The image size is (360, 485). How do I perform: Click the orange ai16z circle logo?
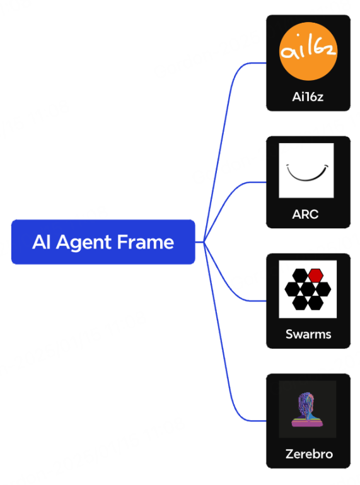point(308,51)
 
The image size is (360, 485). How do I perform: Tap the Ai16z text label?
point(308,97)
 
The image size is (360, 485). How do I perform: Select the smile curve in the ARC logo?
point(307,173)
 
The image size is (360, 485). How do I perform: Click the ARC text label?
point(305,214)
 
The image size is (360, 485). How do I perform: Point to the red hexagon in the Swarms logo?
point(316,275)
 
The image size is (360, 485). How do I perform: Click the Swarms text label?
point(308,334)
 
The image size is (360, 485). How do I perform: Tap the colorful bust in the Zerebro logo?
point(307,410)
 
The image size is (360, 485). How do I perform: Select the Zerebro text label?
point(309,454)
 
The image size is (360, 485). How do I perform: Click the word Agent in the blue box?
point(83,243)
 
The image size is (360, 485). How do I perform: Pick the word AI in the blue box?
point(42,242)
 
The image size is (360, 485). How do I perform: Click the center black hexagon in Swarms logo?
point(308,289)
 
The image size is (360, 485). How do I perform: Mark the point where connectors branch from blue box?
point(204,242)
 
